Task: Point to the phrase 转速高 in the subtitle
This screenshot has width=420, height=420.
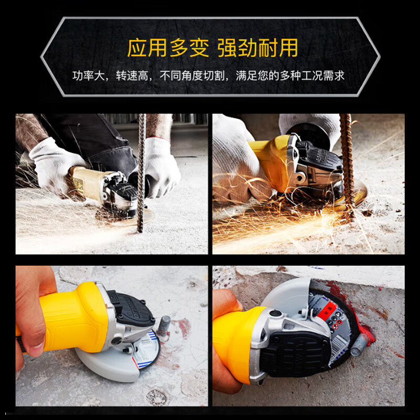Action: point(130,76)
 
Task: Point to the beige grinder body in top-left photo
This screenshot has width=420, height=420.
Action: point(87,181)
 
